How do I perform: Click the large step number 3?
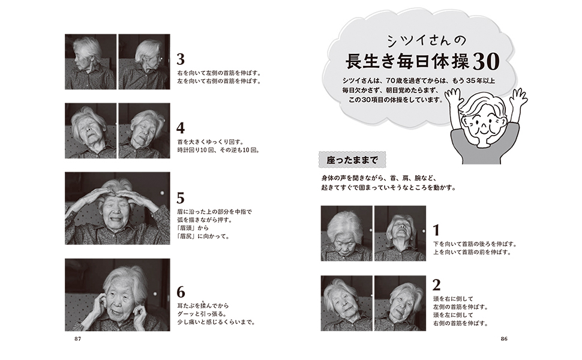(181, 59)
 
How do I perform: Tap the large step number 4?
(181, 128)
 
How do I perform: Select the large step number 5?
(181, 198)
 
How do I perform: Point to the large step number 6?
(181, 292)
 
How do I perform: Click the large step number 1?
(437, 230)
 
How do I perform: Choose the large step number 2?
(437, 285)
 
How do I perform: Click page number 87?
(77, 339)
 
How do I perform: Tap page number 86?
(504, 339)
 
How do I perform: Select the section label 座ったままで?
(353, 160)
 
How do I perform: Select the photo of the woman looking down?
(346, 233)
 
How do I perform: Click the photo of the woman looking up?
(400, 233)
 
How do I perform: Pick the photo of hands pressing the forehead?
(117, 208)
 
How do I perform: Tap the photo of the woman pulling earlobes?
(117, 295)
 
